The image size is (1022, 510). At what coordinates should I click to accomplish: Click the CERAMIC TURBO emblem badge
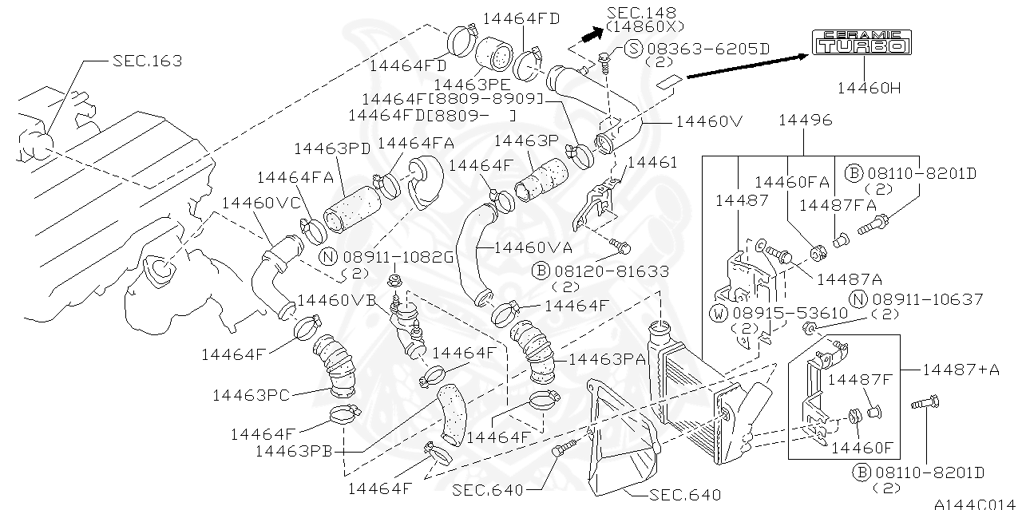[x=861, y=43]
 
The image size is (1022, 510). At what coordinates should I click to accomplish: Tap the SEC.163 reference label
[x=147, y=61]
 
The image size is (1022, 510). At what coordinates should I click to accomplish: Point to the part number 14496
[x=804, y=121]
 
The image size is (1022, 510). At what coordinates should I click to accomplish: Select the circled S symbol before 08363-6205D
[x=633, y=49]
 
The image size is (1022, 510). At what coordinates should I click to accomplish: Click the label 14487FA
[x=838, y=205]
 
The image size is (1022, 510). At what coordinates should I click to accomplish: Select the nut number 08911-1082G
[x=398, y=257]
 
